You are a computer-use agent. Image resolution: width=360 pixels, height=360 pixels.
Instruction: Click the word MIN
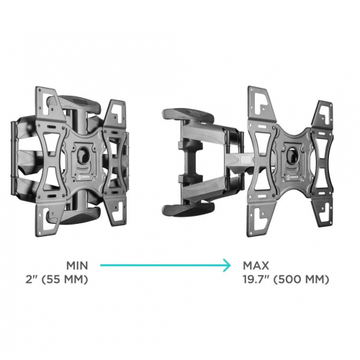point(77,266)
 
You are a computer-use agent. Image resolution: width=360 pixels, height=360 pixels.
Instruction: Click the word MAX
point(256,266)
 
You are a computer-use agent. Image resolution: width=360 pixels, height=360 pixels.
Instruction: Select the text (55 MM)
point(65,279)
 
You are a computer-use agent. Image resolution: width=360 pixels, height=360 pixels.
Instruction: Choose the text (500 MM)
point(301,279)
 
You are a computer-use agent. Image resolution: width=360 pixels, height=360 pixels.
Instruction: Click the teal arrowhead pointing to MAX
point(226,265)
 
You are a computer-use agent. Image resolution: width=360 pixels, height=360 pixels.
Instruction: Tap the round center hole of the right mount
point(293,153)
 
